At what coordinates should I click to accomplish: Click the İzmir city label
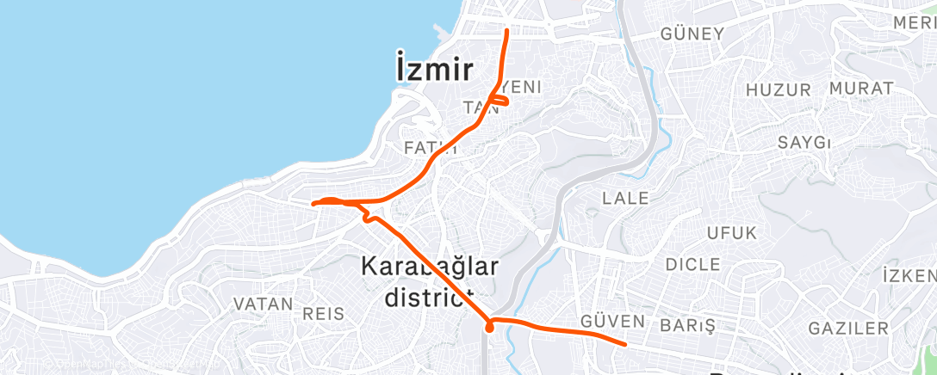tap(435, 68)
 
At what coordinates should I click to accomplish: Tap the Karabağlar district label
tap(429, 282)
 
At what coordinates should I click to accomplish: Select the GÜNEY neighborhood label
tap(692, 34)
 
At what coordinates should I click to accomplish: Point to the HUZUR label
tap(779, 89)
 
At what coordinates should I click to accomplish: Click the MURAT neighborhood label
tap(860, 89)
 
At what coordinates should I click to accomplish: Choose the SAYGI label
tap(804, 142)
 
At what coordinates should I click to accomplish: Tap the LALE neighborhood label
tap(626, 198)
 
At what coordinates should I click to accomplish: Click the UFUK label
tap(731, 233)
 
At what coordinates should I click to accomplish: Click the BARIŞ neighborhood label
tap(687, 326)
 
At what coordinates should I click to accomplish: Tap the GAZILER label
tap(848, 328)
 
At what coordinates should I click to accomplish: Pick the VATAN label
tap(264, 304)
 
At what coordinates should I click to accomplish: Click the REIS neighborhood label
tap(324, 313)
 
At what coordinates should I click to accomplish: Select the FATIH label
tap(425, 148)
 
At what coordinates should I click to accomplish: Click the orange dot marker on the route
tap(489, 327)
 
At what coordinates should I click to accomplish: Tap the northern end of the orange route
tap(506, 32)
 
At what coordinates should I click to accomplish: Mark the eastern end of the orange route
tap(624, 344)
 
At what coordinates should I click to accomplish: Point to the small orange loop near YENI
tap(499, 101)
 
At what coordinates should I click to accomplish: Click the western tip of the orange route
tap(313, 203)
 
